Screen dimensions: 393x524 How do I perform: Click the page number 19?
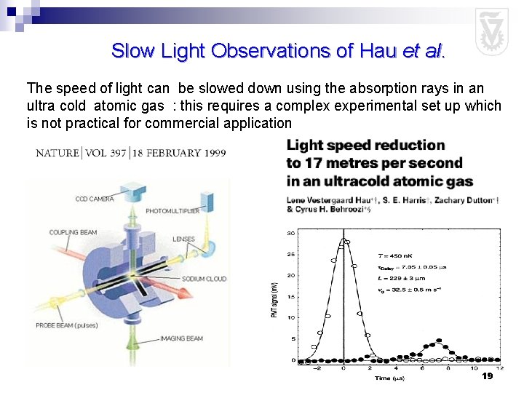(487, 376)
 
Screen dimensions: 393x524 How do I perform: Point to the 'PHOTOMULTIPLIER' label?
(173, 211)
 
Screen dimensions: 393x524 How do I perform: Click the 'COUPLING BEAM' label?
(73, 232)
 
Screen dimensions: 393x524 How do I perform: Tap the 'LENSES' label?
(183, 239)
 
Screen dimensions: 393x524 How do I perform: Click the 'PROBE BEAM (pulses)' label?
(67, 325)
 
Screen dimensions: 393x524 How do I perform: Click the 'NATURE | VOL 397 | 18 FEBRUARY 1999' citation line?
(131, 154)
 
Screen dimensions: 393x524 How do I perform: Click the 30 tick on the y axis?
(290, 233)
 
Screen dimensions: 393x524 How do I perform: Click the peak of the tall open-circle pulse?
(344, 240)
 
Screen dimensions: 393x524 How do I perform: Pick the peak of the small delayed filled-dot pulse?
(438, 341)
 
